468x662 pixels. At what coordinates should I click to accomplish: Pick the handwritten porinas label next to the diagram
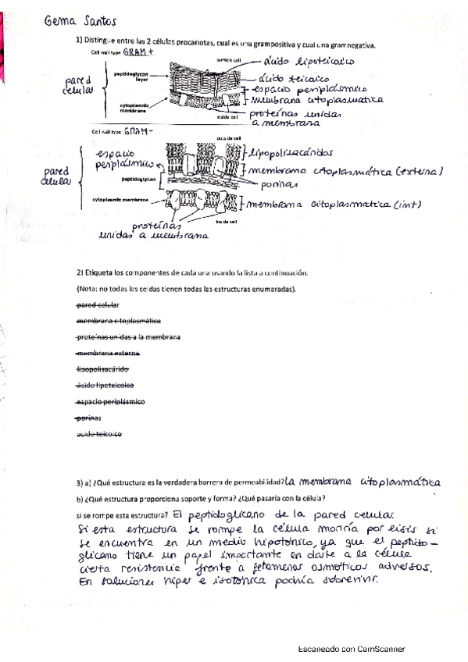(275, 184)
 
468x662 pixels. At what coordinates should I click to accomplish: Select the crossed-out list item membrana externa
(108, 353)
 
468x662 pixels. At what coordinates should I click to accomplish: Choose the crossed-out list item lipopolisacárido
(103, 368)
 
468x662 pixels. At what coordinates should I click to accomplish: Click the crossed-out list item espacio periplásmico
(111, 401)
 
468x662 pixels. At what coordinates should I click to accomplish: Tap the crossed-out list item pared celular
(98, 304)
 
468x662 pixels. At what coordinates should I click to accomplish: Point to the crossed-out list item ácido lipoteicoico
(106, 386)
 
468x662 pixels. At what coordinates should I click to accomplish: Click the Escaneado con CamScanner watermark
(352, 649)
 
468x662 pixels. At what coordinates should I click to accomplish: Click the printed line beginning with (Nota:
(187, 289)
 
